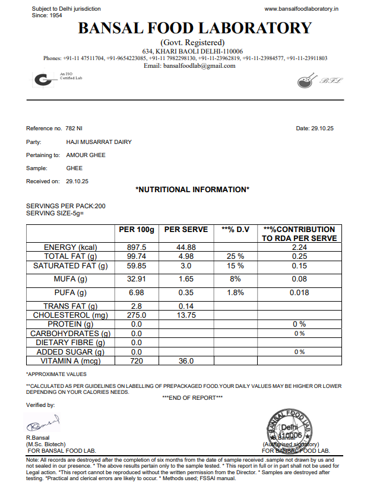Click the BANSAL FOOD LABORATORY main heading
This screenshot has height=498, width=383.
[x=195, y=28]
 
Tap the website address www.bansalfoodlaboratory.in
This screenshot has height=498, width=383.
[x=301, y=9]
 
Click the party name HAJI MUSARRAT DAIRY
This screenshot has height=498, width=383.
[x=99, y=142]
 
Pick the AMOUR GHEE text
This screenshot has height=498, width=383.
[x=86, y=155]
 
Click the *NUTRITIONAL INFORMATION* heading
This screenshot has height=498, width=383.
[x=192, y=190]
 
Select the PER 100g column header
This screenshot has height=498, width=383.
[x=137, y=230]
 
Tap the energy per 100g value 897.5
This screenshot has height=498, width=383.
[x=137, y=248]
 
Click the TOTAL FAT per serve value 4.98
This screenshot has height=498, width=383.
[x=186, y=256]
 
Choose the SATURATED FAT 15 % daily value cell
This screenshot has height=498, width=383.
[x=235, y=266]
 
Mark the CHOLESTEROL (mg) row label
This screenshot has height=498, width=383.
[x=70, y=315]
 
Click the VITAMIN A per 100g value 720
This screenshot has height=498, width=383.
[x=137, y=361]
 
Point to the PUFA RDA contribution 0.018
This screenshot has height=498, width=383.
[x=299, y=293]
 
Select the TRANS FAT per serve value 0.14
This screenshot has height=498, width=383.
[x=186, y=306]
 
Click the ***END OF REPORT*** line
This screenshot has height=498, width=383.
[x=192, y=397]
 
